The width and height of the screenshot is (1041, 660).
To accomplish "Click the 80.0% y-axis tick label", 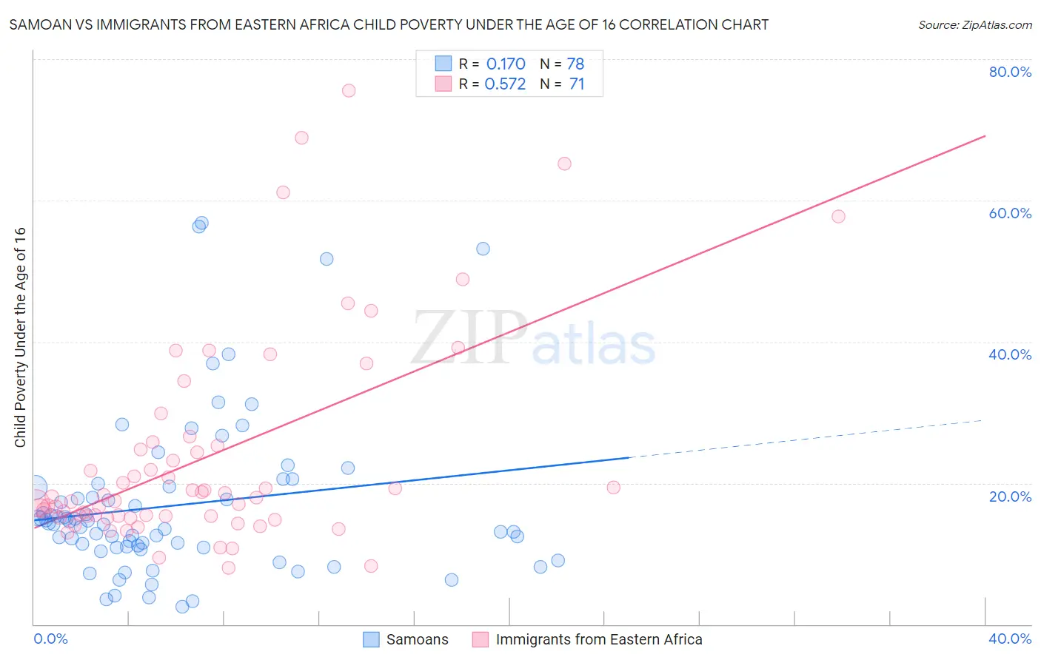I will pyautogui.click(x=1010, y=72).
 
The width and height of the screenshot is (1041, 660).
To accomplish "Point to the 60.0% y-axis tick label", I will pyautogui.click(x=1010, y=213).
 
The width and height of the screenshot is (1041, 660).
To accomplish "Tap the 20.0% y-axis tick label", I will pyautogui.click(x=1010, y=496).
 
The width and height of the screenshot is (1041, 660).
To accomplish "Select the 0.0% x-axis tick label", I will pyautogui.click(x=50, y=639).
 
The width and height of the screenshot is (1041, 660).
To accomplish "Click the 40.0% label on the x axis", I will pyautogui.click(x=1010, y=639).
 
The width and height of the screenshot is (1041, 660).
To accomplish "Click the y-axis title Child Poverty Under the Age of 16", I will pyautogui.click(x=21, y=337).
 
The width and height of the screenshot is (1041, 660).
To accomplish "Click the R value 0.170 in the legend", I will pyautogui.click(x=506, y=64).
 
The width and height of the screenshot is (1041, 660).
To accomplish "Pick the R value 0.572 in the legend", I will pyautogui.click(x=505, y=84).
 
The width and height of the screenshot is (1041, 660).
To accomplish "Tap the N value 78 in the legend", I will pyautogui.click(x=575, y=64).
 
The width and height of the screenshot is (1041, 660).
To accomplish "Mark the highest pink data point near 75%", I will pyautogui.click(x=349, y=90).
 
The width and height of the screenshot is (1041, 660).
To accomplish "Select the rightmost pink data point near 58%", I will pyautogui.click(x=838, y=216).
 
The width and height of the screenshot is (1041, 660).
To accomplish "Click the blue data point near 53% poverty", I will pyautogui.click(x=483, y=249).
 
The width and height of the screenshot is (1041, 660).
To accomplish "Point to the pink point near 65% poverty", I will pyautogui.click(x=564, y=164).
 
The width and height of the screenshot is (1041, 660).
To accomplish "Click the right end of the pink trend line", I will pyautogui.click(x=985, y=136).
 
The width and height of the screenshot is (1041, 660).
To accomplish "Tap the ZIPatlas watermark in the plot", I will pyautogui.click(x=533, y=339).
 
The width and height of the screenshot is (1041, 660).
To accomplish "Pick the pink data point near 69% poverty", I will pyautogui.click(x=301, y=138).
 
